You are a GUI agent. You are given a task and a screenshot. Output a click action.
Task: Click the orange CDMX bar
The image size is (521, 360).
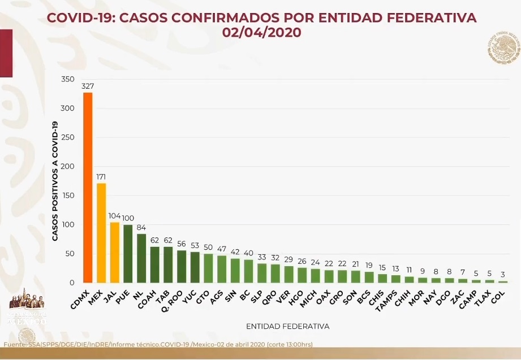point(88,187)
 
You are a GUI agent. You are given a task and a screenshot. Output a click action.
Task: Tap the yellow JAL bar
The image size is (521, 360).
point(114,252)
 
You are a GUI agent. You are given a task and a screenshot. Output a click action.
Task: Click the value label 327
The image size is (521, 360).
point(88,86)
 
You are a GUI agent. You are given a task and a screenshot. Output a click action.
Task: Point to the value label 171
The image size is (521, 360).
point(101,177)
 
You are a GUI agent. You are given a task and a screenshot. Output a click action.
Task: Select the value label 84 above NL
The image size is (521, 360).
point(141,228)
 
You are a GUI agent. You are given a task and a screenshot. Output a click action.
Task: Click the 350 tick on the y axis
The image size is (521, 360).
point(68,79)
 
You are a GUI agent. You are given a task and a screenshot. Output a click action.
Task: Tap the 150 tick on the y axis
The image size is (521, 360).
point(68,196)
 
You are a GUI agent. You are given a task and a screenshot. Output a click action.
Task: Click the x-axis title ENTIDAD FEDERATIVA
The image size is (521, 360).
point(287,326)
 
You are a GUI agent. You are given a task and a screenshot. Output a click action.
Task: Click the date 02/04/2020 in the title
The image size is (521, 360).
point(261,33)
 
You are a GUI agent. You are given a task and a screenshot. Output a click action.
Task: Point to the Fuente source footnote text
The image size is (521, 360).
point(158,344)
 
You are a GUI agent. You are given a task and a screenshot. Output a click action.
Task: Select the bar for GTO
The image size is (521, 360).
point(209,268)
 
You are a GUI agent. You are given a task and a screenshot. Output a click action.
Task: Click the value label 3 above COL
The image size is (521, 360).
point(503,275)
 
